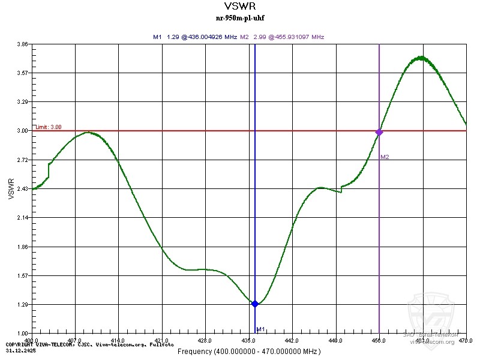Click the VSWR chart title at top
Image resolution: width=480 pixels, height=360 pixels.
coord(239,8)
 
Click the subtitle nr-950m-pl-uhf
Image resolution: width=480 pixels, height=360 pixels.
coord(239,18)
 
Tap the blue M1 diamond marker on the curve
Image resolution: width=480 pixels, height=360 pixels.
coord(255,304)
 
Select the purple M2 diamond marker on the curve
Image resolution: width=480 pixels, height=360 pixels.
coord(379,132)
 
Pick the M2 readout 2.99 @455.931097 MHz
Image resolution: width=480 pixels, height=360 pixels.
coord(282,37)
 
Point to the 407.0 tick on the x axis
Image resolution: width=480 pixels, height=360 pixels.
coord(75,340)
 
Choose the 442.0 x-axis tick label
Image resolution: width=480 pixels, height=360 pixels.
coord(292,340)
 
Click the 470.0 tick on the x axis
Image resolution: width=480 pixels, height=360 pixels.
coord(466,340)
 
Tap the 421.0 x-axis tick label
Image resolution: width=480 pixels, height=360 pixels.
coord(162,340)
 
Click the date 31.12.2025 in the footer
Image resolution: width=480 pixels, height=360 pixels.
coord(18,350)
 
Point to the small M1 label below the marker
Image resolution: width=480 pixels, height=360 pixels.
coord(260,329)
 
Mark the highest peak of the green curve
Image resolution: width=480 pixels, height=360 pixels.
coord(422,58)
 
